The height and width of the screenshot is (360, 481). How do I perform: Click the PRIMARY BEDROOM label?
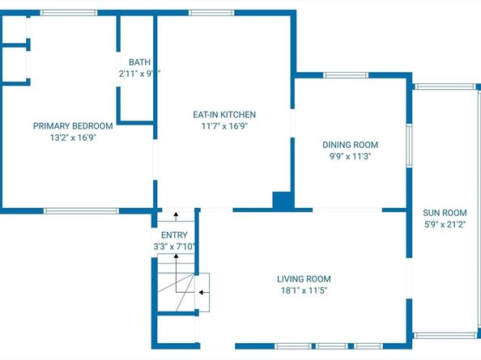click(x=72, y=125)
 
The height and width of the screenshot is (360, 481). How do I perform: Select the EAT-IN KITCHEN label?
click(x=223, y=115)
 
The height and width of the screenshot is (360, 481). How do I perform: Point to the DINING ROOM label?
click(x=350, y=145)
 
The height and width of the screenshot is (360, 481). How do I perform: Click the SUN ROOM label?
click(x=445, y=213)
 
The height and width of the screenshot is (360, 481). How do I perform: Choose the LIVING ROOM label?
click(x=302, y=278)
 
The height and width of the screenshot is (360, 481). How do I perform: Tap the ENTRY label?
click(x=174, y=235)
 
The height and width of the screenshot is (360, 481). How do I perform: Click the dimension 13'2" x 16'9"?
click(x=72, y=138)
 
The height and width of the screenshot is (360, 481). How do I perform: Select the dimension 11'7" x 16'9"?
click(x=223, y=126)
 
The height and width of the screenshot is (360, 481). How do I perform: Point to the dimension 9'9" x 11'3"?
click(x=350, y=157)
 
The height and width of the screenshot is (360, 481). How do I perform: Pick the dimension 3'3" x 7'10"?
click(x=174, y=247)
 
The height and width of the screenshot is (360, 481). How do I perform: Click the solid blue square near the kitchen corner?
click(x=282, y=201)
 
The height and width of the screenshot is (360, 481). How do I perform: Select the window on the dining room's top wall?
click(x=347, y=75)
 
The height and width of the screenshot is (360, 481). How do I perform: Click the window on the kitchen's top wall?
click(x=211, y=13)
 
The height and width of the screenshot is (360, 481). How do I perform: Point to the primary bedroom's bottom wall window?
click(x=81, y=211)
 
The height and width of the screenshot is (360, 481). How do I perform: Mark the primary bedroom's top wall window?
click(x=63, y=13)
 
